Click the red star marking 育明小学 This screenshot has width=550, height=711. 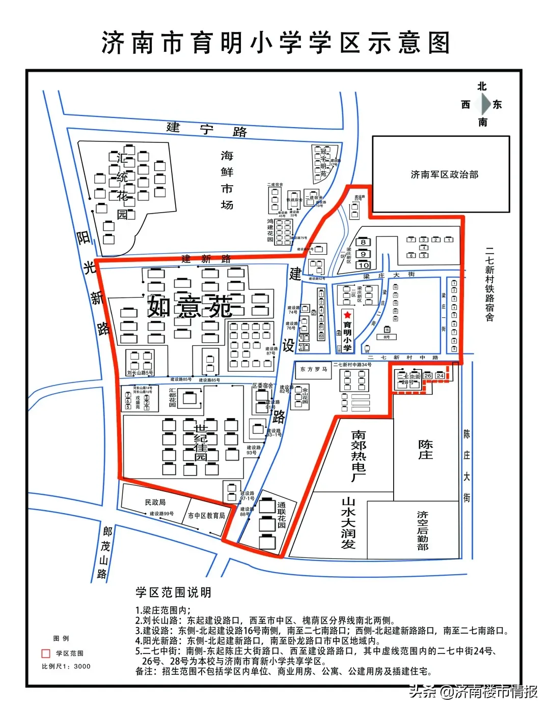347,315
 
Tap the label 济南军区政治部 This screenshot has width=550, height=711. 444,174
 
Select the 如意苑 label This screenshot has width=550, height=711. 190,307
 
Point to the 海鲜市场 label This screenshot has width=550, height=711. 227,180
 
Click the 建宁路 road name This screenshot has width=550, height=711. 207,129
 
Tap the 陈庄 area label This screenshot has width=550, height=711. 425,450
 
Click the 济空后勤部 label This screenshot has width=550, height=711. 423,531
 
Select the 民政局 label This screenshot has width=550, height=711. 155,502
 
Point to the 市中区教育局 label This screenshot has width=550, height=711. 206,516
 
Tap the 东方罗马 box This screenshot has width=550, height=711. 313,369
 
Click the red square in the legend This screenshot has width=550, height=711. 46,654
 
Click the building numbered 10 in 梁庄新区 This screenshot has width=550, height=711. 363,265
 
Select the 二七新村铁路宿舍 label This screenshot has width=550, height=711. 489,284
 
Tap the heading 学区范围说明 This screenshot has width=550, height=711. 173,592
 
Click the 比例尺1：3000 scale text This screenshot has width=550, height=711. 66,666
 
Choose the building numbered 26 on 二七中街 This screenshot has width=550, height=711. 427,376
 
